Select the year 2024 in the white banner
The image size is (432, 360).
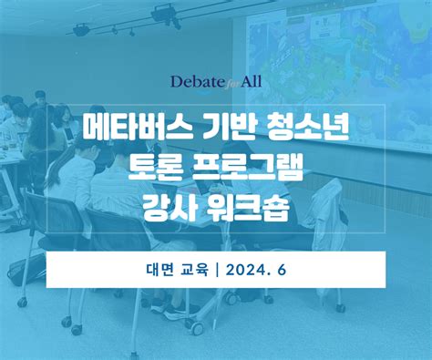click(251, 270)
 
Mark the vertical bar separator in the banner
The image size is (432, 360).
click(217, 270)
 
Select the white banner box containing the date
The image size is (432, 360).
click(215, 270)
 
